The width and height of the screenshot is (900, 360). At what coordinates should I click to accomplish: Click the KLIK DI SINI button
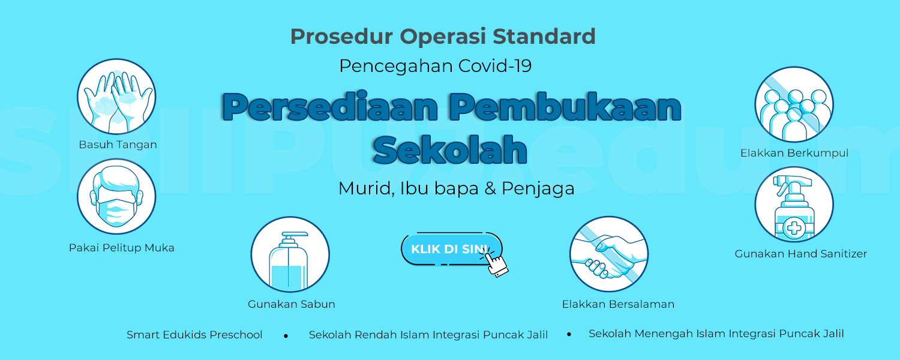pyautogui.click(x=452, y=249)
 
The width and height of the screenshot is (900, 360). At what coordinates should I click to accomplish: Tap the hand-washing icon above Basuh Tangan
pyautogui.click(x=116, y=97)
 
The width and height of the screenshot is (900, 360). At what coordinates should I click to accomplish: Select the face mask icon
pyautogui.click(x=116, y=196)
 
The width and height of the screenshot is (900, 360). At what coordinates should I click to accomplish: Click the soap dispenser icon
pyautogui.click(x=290, y=254)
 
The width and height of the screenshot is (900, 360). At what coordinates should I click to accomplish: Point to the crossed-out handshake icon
pyautogui.click(x=609, y=254)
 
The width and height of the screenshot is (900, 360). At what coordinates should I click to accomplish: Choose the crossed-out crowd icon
pyautogui.click(x=794, y=104)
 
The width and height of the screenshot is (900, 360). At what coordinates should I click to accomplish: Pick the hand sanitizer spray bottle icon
pyautogui.click(x=794, y=205)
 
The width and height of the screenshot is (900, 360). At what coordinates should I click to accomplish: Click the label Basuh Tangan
pyautogui.click(x=118, y=145)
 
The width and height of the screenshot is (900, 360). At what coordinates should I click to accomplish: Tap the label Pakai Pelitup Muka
pyautogui.click(x=121, y=247)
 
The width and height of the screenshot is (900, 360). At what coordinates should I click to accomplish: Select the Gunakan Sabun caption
pyautogui.click(x=291, y=304)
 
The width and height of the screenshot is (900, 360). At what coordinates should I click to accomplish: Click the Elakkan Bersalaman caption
pyautogui.click(x=618, y=304)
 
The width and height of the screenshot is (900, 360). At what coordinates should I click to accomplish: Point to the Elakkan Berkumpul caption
pyautogui.click(x=794, y=153)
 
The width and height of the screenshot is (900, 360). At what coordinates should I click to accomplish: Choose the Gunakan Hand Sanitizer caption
pyautogui.click(x=801, y=254)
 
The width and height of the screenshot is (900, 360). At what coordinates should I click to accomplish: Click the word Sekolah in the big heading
pyautogui.click(x=450, y=149)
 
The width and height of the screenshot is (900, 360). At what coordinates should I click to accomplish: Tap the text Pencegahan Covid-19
pyautogui.click(x=436, y=66)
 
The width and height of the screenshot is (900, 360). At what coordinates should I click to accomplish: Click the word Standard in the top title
pyautogui.click(x=544, y=36)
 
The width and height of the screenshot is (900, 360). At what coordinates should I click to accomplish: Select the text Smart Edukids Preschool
pyautogui.click(x=194, y=335)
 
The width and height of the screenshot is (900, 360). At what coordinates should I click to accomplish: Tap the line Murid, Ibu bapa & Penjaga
pyautogui.click(x=457, y=188)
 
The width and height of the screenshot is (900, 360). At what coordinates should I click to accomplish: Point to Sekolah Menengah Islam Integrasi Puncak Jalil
pyautogui.click(x=716, y=334)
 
